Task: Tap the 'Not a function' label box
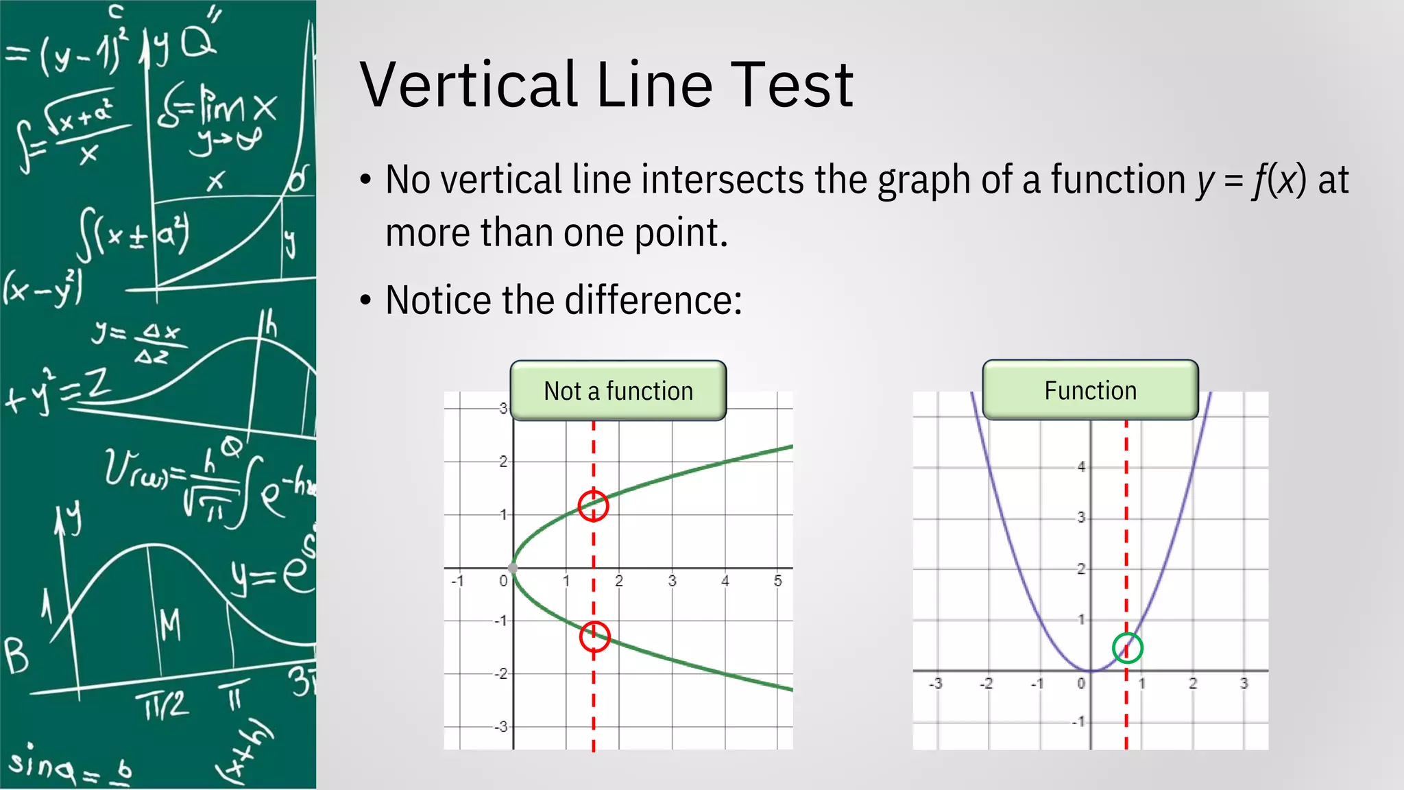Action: click(618, 391)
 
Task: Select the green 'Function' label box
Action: click(1090, 390)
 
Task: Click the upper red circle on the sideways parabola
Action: click(593, 506)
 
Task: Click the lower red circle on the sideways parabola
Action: click(594, 637)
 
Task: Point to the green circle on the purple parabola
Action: click(1127, 648)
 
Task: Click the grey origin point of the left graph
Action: click(513, 568)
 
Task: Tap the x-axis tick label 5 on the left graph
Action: click(777, 581)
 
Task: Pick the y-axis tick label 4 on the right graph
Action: click(1081, 467)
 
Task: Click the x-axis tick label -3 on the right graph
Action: click(935, 684)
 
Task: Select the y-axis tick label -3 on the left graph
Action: click(501, 726)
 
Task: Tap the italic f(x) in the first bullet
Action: click(1279, 180)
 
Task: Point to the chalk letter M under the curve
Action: click(170, 625)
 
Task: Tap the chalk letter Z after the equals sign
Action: click(98, 385)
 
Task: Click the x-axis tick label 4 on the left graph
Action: click(725, 581)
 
